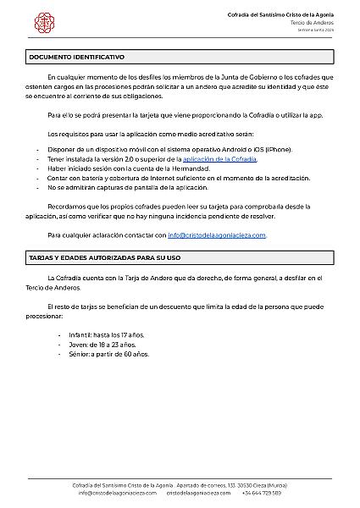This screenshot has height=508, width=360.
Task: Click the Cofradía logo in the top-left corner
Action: (x=37, y=19)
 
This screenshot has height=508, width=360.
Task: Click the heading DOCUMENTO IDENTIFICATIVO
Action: (x=77, y=57)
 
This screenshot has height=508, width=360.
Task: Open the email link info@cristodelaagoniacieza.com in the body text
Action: (x=217, y=235)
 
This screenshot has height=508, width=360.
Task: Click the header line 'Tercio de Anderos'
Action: (x=312, y=23)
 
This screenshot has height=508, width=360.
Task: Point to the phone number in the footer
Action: (x=261, y=492)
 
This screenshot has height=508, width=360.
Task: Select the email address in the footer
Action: (x=118, y=492)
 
